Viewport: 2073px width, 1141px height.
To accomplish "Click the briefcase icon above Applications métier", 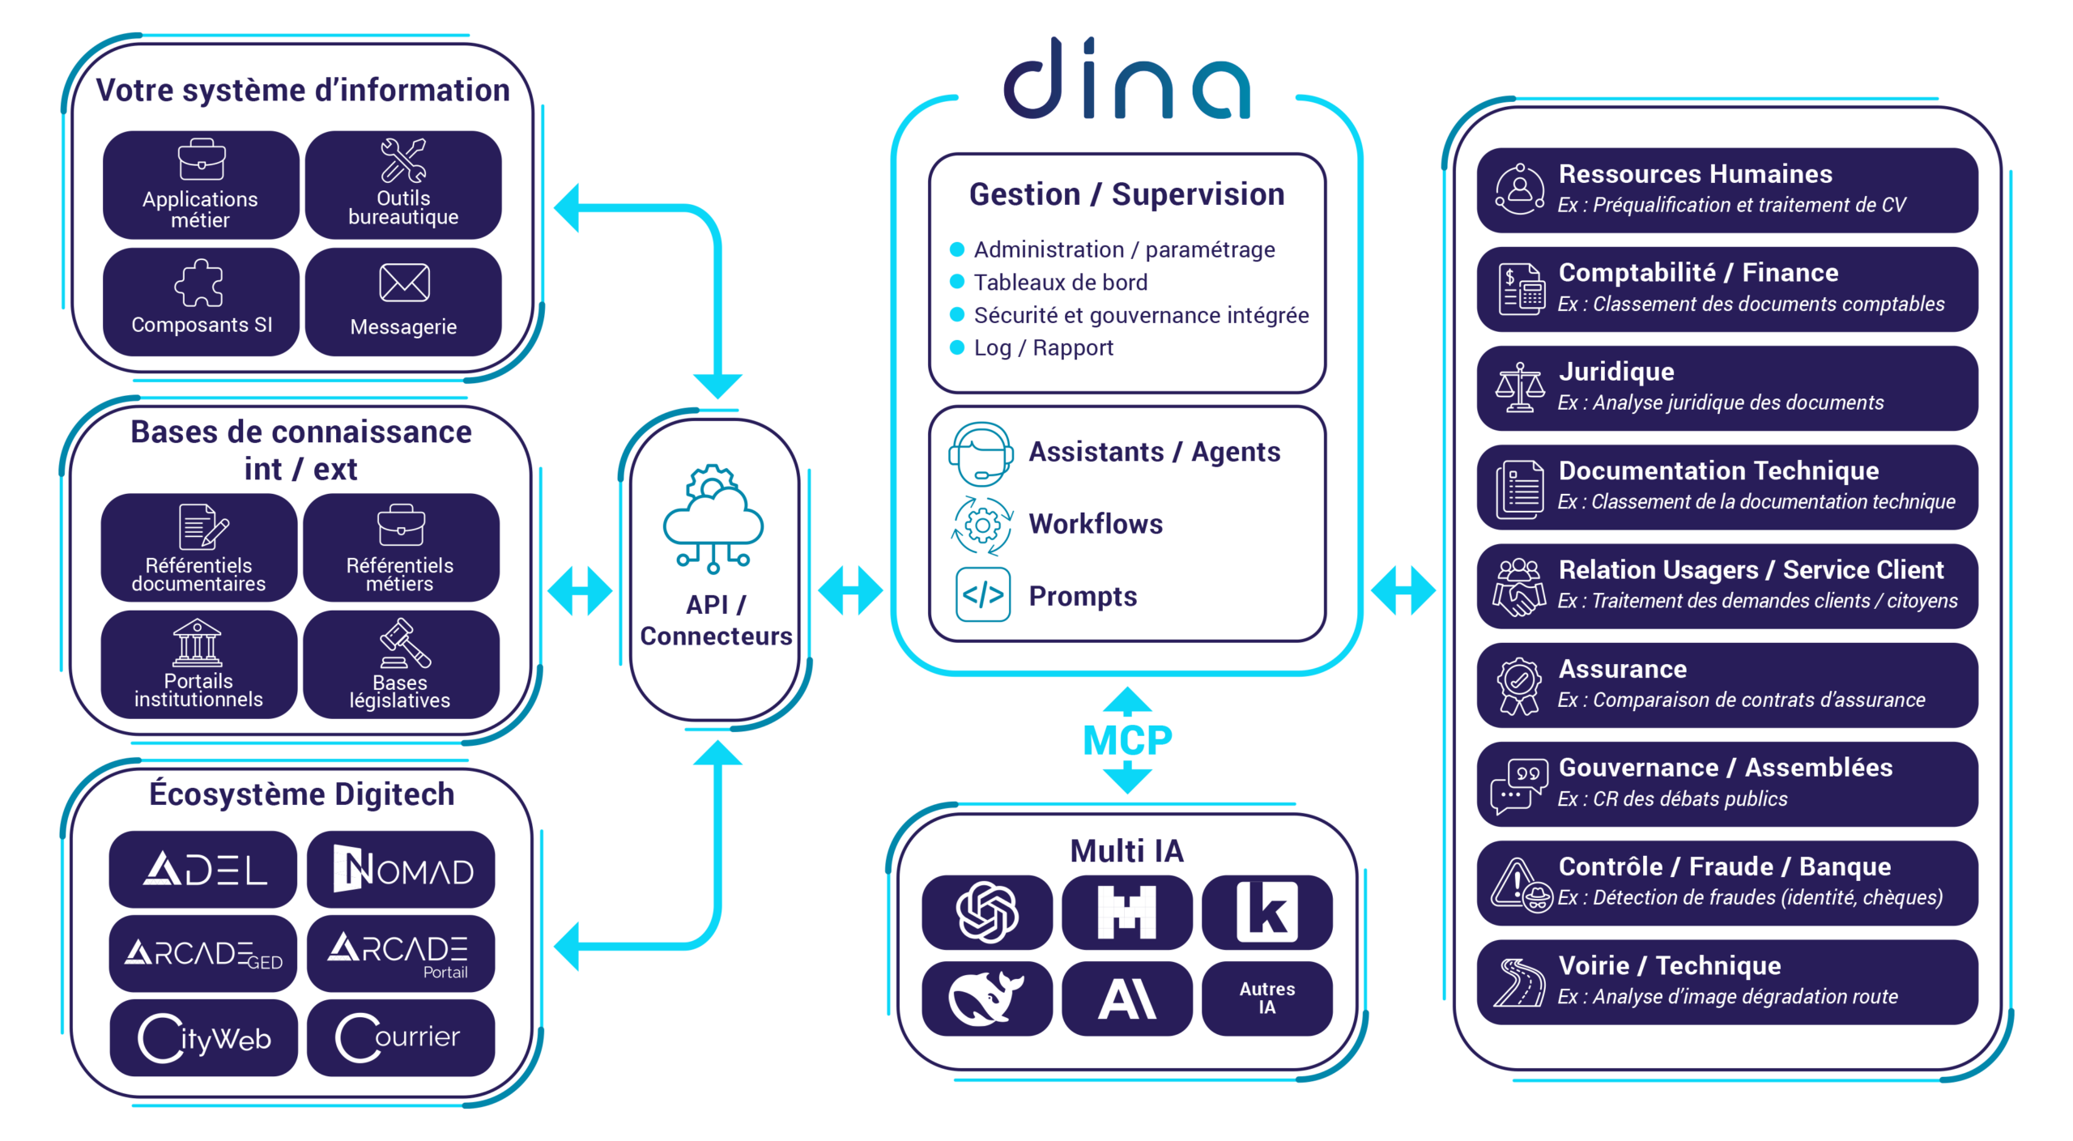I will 201,160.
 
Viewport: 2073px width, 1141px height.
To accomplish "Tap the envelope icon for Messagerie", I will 404,283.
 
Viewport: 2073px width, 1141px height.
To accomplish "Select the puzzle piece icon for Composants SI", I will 199,283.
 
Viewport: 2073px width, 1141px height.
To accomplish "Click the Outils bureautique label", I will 403,208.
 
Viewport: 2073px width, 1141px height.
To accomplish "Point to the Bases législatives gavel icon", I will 404,643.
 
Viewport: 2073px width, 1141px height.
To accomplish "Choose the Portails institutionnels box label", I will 198,691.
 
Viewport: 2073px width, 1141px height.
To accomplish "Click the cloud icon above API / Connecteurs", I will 713,518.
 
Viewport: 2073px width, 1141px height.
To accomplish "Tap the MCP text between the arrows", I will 1127,740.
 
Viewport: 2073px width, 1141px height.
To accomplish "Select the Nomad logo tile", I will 402,870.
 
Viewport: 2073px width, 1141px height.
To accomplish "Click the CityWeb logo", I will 204,1038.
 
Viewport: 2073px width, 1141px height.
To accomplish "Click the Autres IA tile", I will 1266,998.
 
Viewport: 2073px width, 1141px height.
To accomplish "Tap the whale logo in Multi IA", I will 985,998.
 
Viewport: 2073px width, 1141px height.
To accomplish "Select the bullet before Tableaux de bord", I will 957,282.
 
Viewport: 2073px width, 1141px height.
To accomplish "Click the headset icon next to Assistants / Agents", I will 981,453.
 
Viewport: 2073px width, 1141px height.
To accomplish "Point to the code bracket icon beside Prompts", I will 983,595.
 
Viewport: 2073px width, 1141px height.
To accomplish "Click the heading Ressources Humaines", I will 1695,174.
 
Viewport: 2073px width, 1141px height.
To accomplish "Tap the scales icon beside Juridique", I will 1519,388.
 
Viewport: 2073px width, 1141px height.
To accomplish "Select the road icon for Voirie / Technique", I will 1519,982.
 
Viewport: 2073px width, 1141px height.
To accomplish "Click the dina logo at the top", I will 1126,79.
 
